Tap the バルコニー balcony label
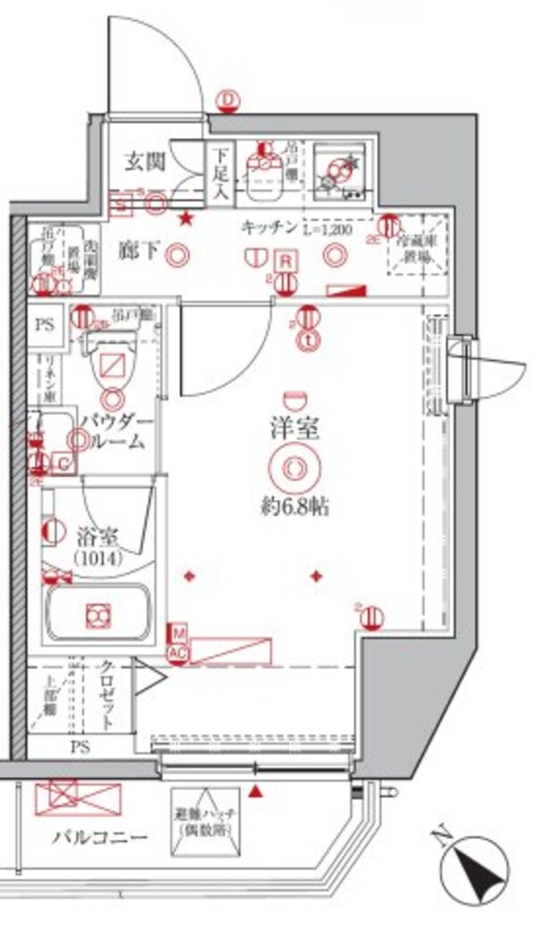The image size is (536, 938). [99, 836]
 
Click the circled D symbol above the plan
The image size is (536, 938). [230, 100]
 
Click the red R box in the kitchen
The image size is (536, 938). [284, 261]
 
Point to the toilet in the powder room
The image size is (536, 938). [113, 366]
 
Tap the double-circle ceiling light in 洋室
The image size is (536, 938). [293, 468]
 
